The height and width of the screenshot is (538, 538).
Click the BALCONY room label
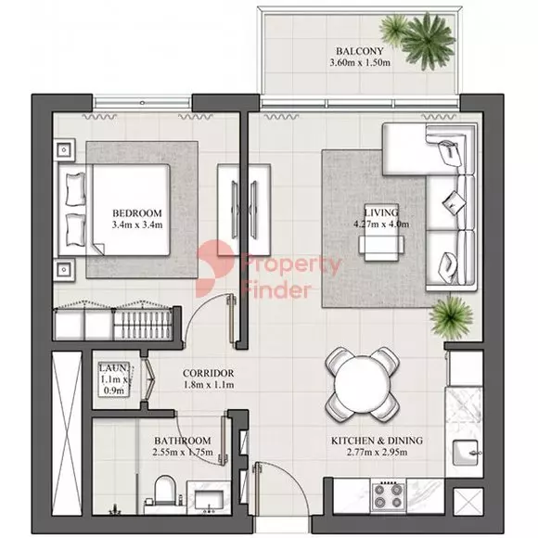click(359, 51)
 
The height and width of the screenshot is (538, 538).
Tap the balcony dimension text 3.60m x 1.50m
click(360, 63)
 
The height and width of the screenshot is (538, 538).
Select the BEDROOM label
click(137, 213)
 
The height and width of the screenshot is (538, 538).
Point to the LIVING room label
click(381, 212)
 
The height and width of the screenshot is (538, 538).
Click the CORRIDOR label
click(209, 373)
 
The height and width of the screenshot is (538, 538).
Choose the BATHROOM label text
click(183, 441)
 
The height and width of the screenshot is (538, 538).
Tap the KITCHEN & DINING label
click(377, 441)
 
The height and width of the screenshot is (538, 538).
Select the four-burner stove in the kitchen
click(388, 496)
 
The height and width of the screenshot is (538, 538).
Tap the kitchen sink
click(466, 453)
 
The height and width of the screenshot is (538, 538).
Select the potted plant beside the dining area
click(451, 317)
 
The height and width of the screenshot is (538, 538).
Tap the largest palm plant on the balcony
click(428, 41)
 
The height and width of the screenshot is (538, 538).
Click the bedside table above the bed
click(64, 149)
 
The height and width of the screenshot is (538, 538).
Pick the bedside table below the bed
click(64, 270)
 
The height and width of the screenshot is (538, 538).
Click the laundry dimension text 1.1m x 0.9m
click(113, 385)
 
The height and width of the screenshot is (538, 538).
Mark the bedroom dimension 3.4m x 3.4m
click(137, 225)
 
